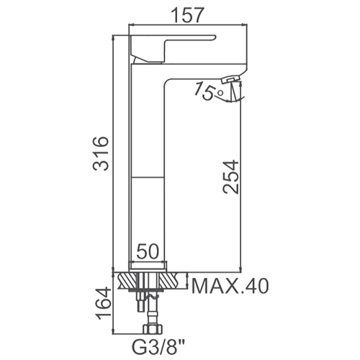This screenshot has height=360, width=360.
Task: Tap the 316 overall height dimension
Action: (x=101, y=153)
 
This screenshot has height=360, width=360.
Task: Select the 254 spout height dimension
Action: (x=230, y=176)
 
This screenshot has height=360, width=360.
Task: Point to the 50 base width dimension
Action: (x=148, y=251)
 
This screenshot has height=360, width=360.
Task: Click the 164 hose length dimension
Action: (x=104, y=304)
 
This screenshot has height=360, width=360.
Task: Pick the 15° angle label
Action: (x=209, y=91)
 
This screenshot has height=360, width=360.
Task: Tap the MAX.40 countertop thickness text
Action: (x=230, y=286)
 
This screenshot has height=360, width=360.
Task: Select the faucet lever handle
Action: (x=172, y=49)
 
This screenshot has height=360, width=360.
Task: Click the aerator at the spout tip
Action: (x=231, y=79)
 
